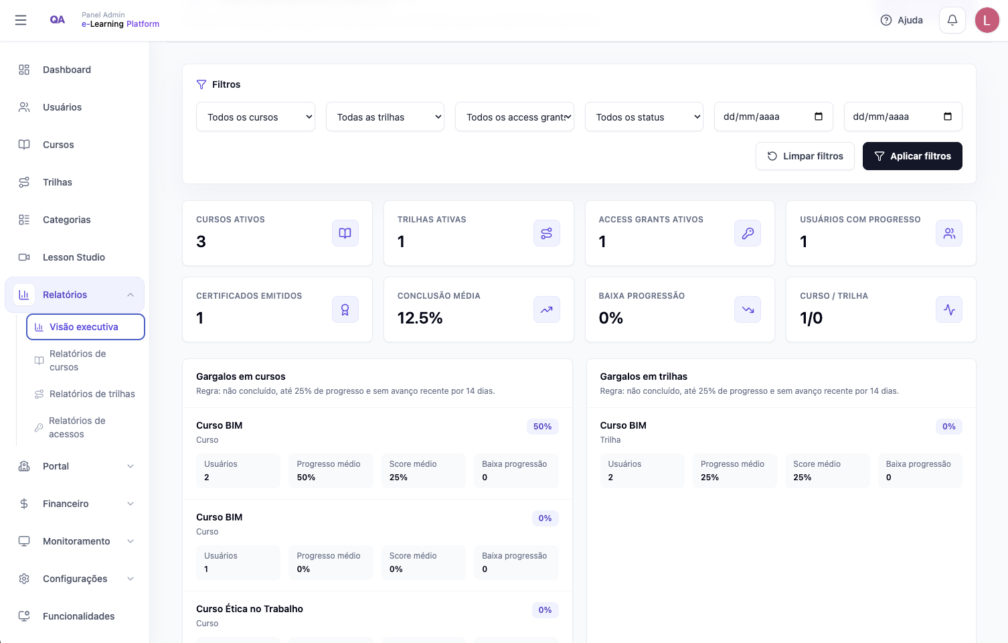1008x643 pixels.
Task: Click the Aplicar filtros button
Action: click(912, 156)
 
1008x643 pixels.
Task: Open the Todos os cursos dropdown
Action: click(256, 117)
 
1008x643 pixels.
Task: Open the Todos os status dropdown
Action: click(644, 117)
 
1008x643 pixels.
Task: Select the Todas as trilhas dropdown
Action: click(386, 117)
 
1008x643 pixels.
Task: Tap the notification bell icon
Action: click(952, 20)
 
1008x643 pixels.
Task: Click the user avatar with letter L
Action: click(987, 20)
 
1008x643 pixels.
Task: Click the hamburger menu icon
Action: click(21, 20)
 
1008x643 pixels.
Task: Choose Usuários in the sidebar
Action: click(62, 107)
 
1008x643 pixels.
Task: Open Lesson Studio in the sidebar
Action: click(74, 257)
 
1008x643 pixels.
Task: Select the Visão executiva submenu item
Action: click(86, 327)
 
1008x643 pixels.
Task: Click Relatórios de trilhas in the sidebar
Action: click(92, 394)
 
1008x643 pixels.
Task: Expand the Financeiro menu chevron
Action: click(131, 504)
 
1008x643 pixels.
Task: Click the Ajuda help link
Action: click(902, 20)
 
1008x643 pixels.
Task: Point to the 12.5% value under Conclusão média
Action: click(420, 318)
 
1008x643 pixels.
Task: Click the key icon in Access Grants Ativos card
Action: click(748, 233)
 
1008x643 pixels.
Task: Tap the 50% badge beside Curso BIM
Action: click(542, 427)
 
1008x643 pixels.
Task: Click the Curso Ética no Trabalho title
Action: click(250, 609)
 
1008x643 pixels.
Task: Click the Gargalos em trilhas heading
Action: click(643, 376)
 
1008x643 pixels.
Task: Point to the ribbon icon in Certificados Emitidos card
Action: click(345, 310)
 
